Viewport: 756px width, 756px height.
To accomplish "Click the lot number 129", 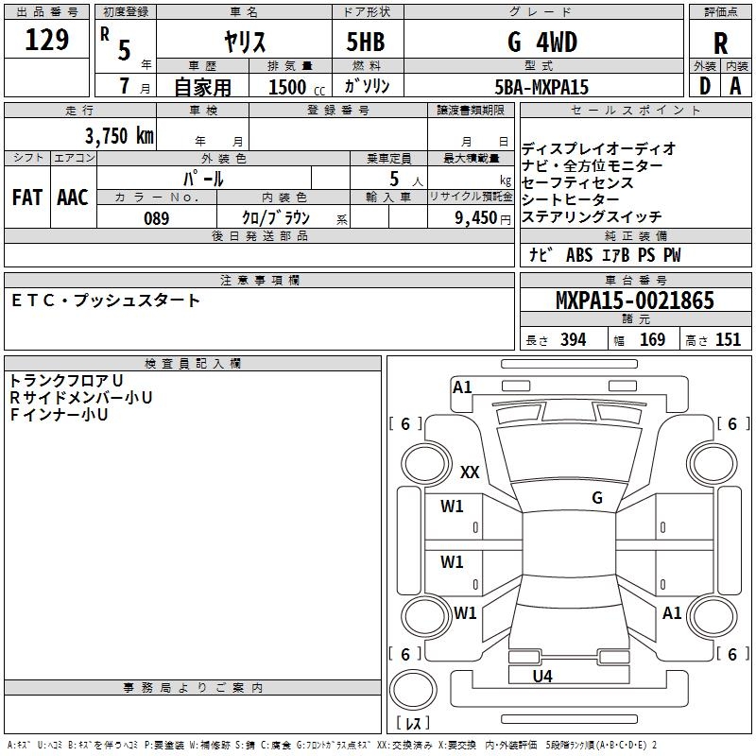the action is tap(46, 40).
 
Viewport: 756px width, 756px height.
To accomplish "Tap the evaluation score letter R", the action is tap(720, 43).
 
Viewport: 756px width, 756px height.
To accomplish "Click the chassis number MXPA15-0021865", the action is tap(634, 301).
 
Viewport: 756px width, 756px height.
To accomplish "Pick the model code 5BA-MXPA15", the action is tap(541, 87).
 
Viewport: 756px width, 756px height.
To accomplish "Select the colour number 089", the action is tap(156, 218).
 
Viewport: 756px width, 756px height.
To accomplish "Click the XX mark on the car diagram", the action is tap(470, 472).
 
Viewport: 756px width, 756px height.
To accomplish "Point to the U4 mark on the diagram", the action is tap(541, 676).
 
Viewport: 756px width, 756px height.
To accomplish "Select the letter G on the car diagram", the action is tap(597, 497).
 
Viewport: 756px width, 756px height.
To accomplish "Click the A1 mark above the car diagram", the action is tap(462, 387).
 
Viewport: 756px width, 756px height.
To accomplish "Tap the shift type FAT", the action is tap(26, 198).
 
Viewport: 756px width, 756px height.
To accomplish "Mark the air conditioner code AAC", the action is tap(72, 198).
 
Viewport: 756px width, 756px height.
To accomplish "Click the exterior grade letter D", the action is tap(704, 86).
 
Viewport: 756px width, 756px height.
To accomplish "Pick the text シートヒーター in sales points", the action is tap(571, 199).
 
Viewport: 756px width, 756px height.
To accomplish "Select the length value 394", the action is tap(574, 340).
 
